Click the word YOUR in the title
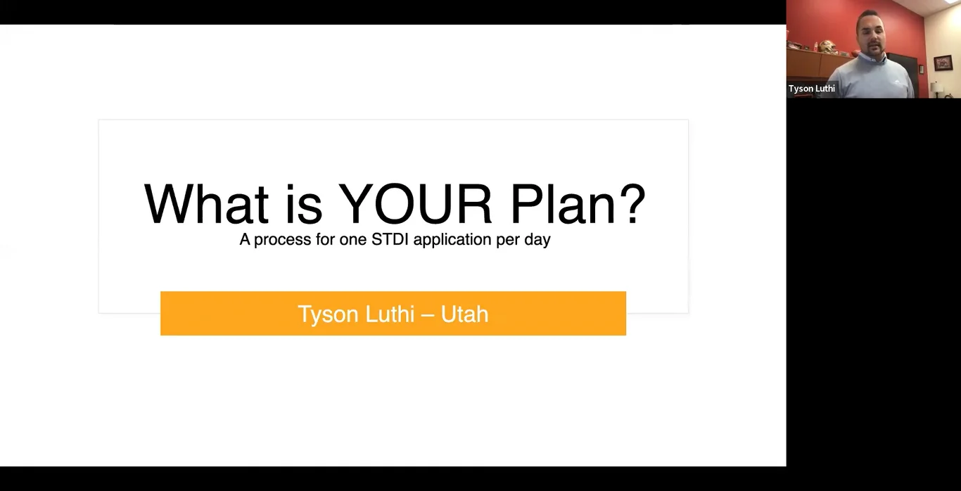coord(416,205)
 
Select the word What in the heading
coord(206,205)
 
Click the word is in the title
coord(304,205)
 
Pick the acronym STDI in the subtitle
coord(389,239)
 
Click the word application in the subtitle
coord(452,240)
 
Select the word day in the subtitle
coord(537,240)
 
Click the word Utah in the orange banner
coord(464,314)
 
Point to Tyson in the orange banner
coord(328,314)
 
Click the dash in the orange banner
coord(427,314)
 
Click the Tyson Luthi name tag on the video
coord(811,89)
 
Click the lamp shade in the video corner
coord(937,87)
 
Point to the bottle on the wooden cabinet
coord(816,46)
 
